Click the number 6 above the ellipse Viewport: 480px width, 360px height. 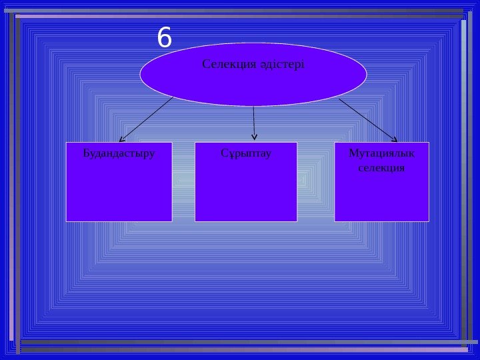coord(165,39)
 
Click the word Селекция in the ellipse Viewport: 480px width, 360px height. coord(223,65)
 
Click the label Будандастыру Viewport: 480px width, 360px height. coord(119,153)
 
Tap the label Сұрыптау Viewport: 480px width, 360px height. coord(245,153)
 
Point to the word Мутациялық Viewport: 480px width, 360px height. coord(381,153)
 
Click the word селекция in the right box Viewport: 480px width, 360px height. coord(381,168)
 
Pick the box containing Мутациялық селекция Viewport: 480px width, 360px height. coord(381,197)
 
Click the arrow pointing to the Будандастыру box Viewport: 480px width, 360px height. coord(147,119)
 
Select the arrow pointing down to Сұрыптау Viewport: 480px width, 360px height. coord(254,123)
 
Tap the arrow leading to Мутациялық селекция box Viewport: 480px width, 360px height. coord(367,119)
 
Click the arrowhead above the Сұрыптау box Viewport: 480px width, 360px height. coord(254,139)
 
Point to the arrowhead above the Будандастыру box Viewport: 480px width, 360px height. coord(121,139)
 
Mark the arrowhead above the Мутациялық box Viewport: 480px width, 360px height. coord(394,139)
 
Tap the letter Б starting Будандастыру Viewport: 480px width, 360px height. coord(86,153)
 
